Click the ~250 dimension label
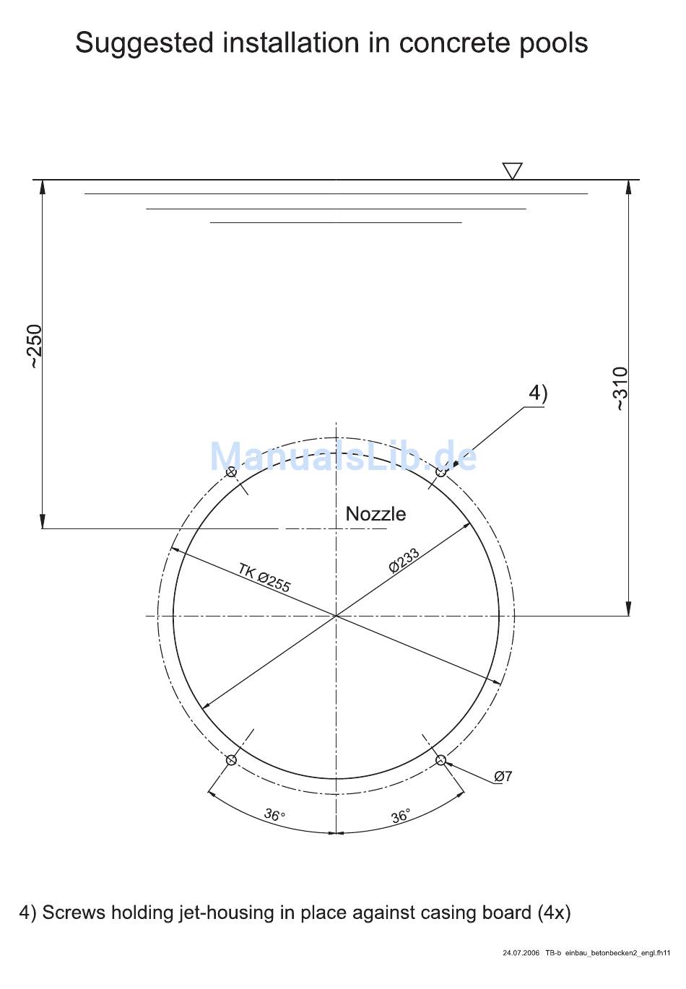pyautogui.click(x=35, y=347)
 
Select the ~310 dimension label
pyautogui.click(x=620, y=388)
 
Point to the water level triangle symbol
pyautogui.click(x=513, y=171)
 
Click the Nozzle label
pyautogui.click(x=375, y=514)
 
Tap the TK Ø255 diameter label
pyautogui.click(x=264, y=578)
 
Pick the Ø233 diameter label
pyautogui.click(x=404, y=560)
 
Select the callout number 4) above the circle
pyautogui.click(x=538, y=393)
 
